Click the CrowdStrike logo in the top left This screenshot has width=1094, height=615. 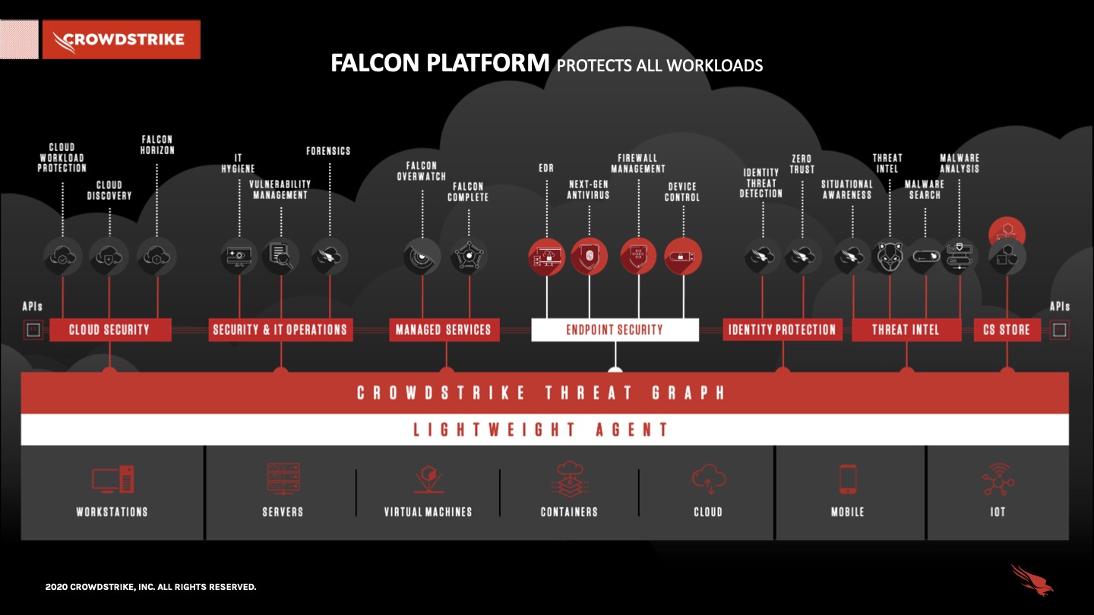[122, 39]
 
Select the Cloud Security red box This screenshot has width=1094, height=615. [110, 330]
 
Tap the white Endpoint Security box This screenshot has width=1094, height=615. [615, 330]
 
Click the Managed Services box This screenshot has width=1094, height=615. [444, 330]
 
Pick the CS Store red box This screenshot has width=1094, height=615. [1007, 330]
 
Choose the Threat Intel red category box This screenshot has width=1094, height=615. [906, 330]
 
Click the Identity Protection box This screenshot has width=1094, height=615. [782, 330]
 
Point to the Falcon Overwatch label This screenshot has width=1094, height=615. [422, 171]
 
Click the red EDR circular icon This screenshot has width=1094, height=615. [547, 257]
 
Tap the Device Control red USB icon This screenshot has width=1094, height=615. [683, 257]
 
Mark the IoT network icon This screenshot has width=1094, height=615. [998, 480]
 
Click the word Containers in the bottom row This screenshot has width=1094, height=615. [569, 512]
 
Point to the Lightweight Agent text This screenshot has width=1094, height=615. [541, 430]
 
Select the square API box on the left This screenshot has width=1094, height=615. [33, 330]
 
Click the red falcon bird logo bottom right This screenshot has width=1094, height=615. [1032, 580]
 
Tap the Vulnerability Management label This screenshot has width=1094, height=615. [280, 190]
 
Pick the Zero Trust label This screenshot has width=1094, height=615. [802, 164]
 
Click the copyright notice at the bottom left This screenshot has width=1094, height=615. [150, 587]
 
